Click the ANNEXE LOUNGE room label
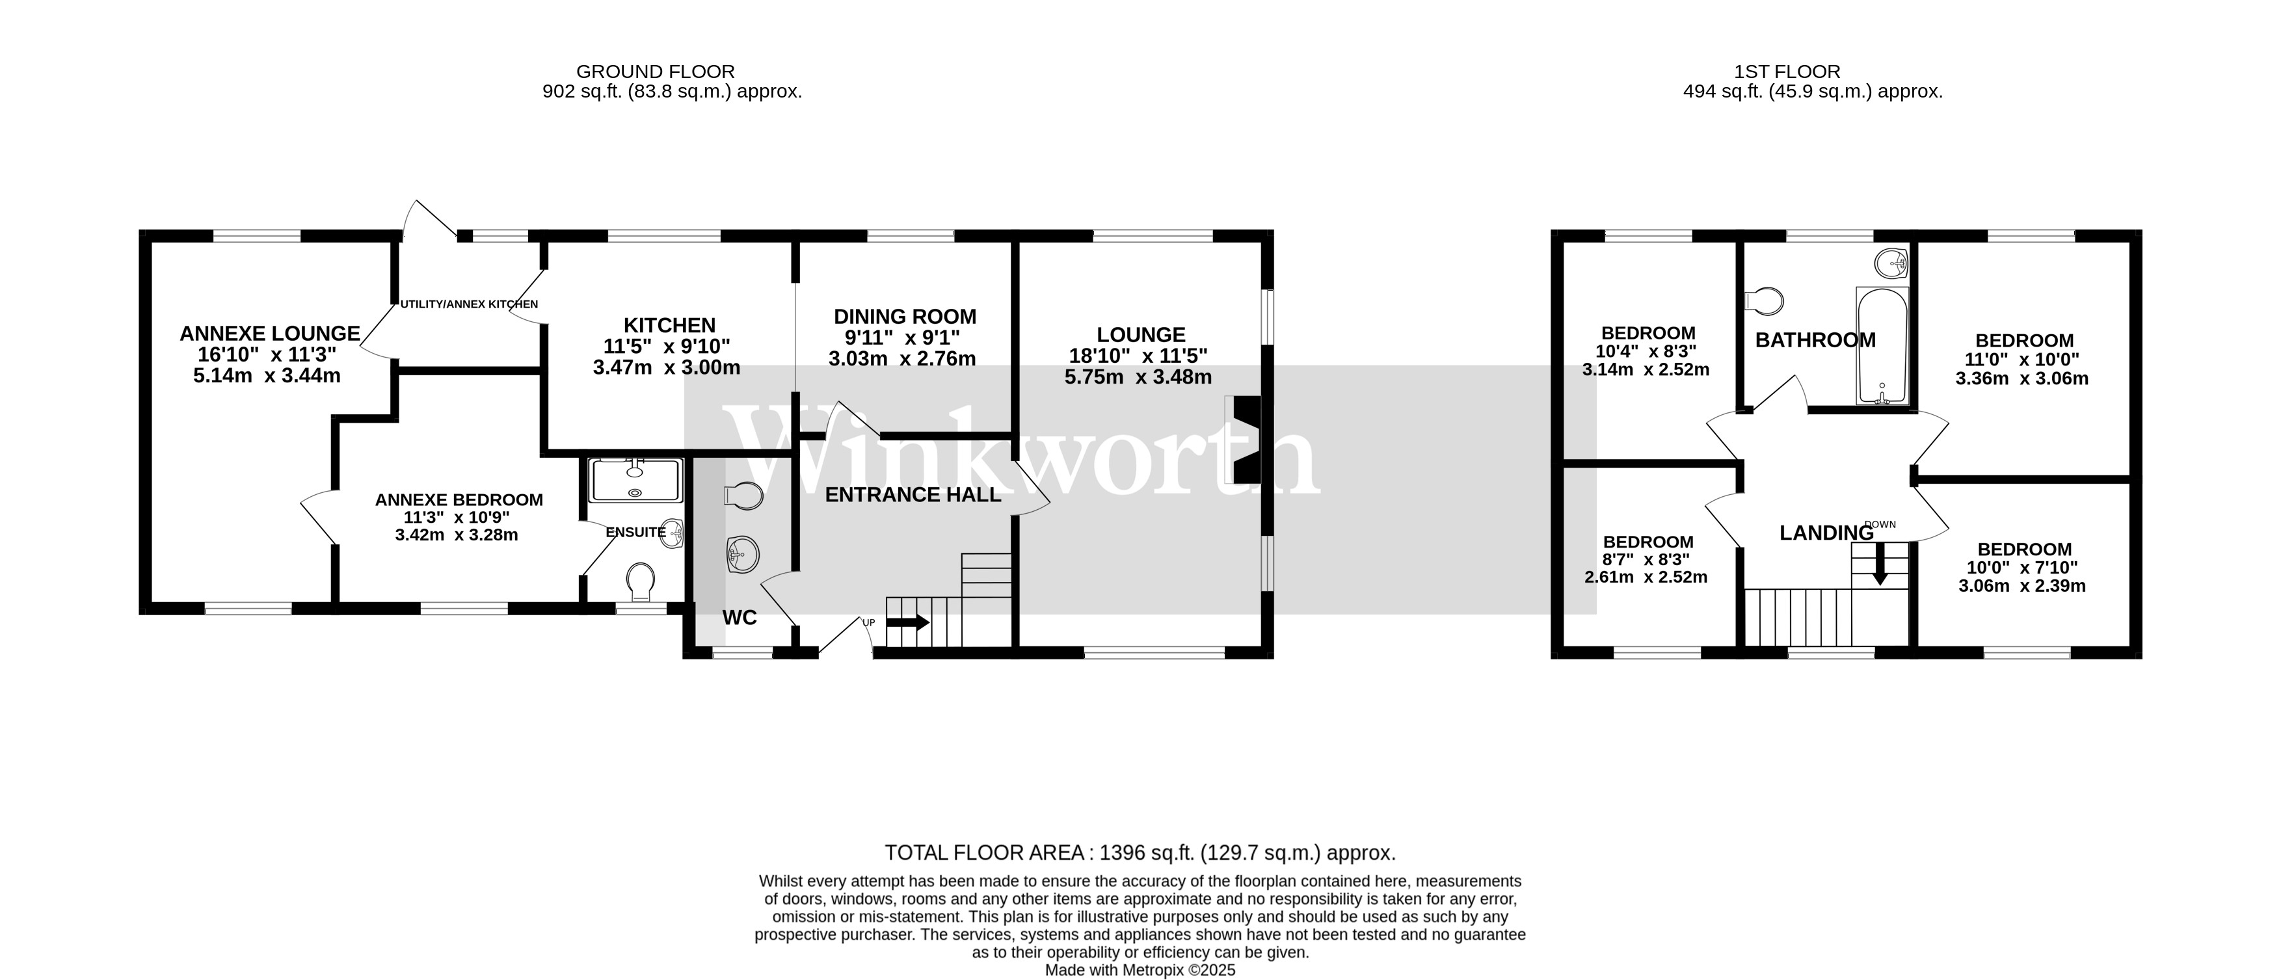269,334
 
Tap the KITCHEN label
669,326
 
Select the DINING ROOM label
905,317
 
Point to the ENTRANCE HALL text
913,495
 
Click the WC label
740,618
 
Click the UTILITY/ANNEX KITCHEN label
468,304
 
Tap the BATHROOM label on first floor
1815,341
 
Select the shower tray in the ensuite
635,481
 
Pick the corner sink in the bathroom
1891,263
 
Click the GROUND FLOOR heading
655,72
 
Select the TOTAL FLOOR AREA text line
1140,853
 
